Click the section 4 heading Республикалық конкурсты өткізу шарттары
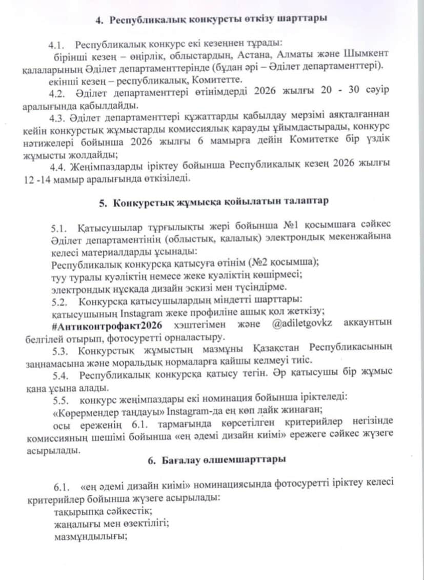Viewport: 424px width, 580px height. click(x=211, y=19)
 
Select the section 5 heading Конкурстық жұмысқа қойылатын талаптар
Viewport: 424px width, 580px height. click(x=214, y=202)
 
